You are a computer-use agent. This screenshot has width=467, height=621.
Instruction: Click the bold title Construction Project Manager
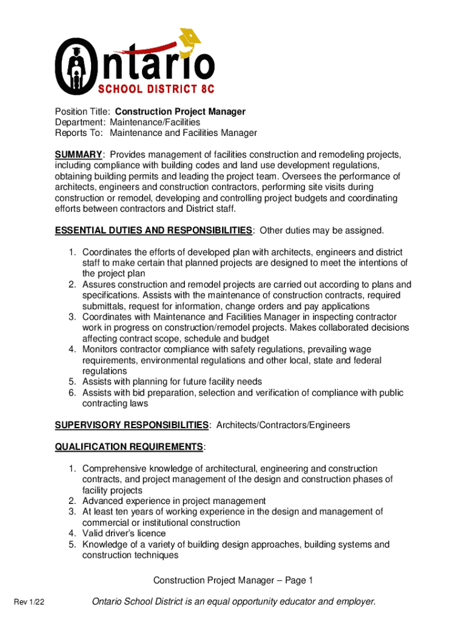180,112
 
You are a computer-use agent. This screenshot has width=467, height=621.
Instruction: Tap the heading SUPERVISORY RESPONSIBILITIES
132,425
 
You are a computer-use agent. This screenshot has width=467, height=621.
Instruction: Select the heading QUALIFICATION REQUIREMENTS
129,447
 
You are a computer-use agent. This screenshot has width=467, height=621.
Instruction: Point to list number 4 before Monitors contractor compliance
71,349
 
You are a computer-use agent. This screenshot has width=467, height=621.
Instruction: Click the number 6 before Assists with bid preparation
71,393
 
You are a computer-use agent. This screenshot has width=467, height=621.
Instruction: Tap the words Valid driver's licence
124,534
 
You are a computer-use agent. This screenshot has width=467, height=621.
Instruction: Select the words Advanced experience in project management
174,501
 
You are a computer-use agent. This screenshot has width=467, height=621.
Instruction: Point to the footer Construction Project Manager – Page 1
233,581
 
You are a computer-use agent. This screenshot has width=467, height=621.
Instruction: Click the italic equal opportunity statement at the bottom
233,602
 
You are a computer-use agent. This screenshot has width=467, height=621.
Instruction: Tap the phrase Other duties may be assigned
322,230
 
